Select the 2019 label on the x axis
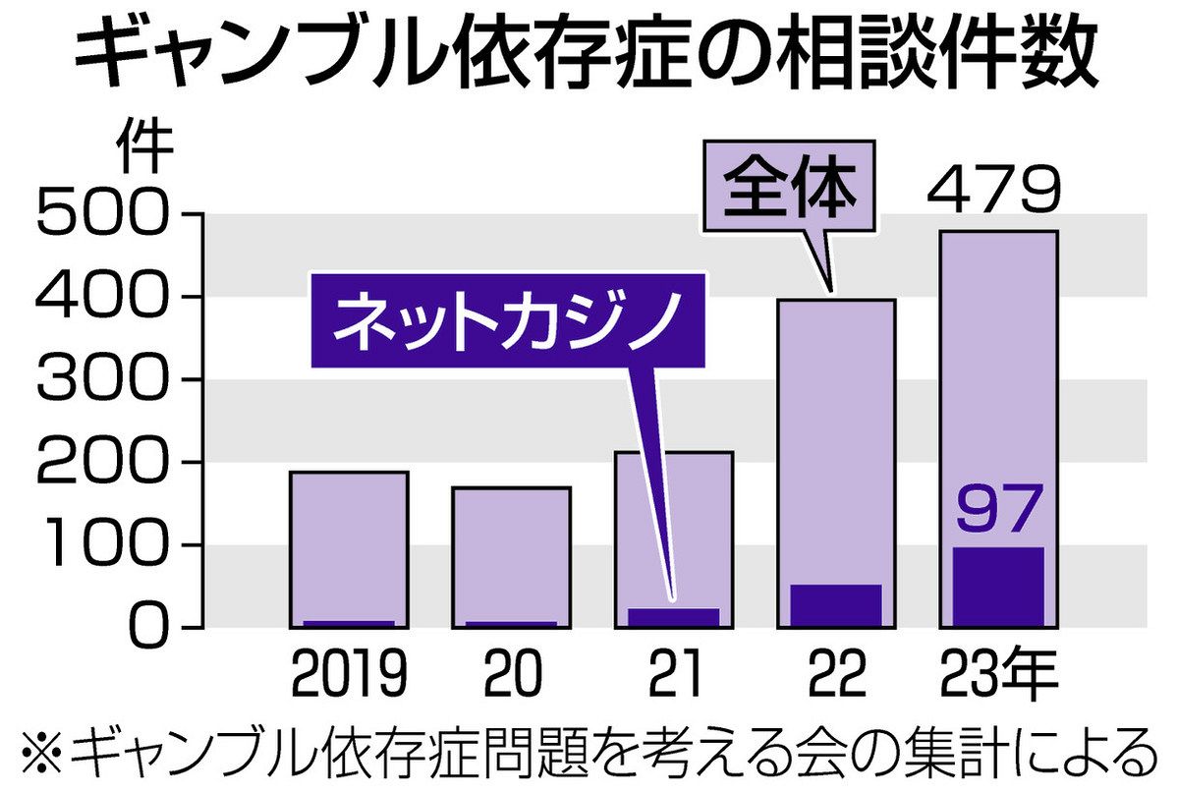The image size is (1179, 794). click(x=349, y=676)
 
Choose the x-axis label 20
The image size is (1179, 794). click(x=512, y=676)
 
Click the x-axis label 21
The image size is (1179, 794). click(x=674, y=676)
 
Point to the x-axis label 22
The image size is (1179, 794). click(x=837, y=676)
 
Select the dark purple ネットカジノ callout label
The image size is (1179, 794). click(x=508, y=319)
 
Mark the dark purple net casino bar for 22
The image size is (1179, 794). click(x=836, y=604)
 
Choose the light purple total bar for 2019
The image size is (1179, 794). click(x=349, y=545)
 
